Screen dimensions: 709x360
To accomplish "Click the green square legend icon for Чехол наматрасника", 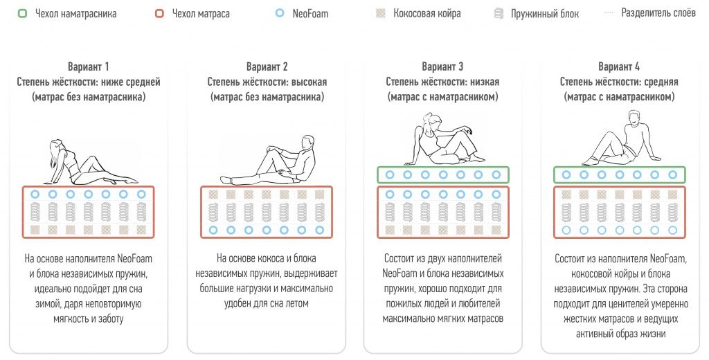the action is [21, 13].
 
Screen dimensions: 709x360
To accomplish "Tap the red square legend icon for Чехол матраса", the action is [159, 13].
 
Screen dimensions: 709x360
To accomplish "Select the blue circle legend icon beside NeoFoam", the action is [280, 13].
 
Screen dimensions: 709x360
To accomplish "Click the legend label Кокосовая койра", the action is [427, 13].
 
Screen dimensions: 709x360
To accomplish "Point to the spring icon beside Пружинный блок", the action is [499, 14].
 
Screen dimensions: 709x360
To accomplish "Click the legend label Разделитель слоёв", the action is [658, 12].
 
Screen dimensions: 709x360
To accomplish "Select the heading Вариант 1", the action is [88, 67].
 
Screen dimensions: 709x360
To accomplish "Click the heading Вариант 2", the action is [267, 67].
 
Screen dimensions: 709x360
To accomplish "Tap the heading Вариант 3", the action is [442, 67].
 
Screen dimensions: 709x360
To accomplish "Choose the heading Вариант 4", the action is [619, 67].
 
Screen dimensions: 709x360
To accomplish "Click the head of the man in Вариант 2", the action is [307, 141].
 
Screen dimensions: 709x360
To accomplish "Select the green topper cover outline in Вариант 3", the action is [442, 168].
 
